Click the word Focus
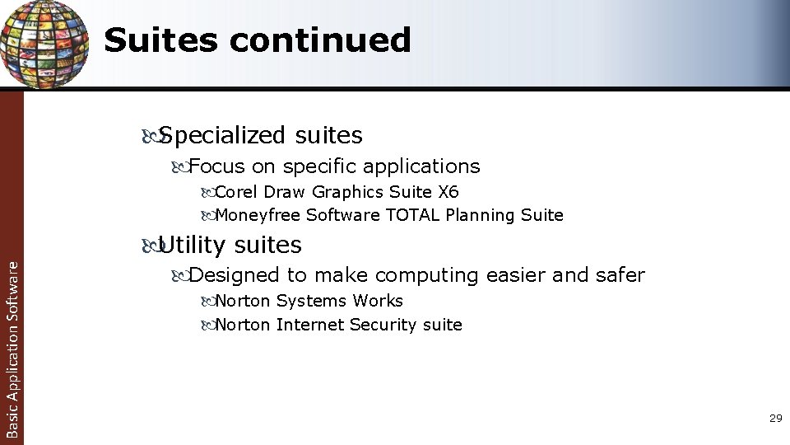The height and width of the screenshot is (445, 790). click(217, 166)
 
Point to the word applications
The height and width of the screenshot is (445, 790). click(421, 166)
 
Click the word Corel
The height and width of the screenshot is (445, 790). click(235, 192)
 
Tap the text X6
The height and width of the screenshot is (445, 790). click(448, 192)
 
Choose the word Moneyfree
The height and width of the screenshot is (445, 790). click(258, 215)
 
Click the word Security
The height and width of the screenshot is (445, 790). click(383, 325)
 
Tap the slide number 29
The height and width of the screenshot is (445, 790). click(775, 419)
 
